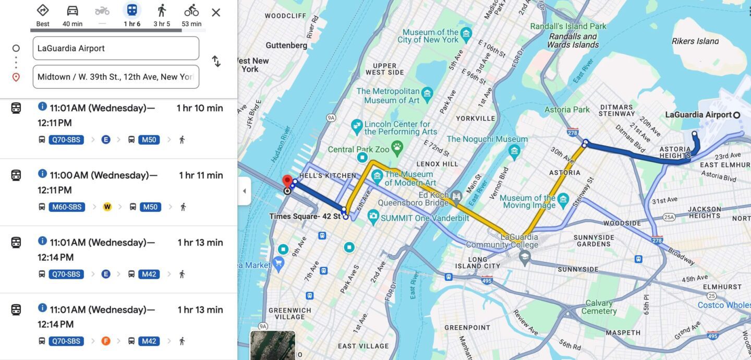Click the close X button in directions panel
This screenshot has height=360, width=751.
[x=216, y=13]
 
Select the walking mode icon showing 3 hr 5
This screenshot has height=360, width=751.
[x=162, y=11]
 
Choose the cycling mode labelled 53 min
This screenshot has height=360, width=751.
[x=191, y=11]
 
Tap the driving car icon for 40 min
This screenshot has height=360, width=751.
[x=72, y=11]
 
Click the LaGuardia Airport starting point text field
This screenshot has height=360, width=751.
[x=116, y=49]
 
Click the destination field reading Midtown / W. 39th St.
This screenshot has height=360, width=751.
[x=116, y=77]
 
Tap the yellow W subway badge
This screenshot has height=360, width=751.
[x=107, y=207]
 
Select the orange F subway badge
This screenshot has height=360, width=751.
[x=106, y=341]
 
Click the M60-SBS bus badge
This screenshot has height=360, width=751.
[x=67, y=207]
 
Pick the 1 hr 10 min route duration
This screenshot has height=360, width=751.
[x=200, y=108]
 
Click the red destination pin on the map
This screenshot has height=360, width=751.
[x=287, y=182]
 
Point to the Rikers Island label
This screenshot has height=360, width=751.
[x=695, y=41]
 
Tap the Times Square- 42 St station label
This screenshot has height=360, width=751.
[x=305, y=217]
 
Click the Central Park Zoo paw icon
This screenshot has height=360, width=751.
[x=397, y=147]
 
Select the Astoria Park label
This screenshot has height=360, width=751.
[x=567, y=110]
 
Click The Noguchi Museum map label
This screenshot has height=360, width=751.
[x=487, y=139]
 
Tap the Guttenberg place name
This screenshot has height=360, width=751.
[x=286, y=45]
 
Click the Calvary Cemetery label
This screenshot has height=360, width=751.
[x=599, y=307]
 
